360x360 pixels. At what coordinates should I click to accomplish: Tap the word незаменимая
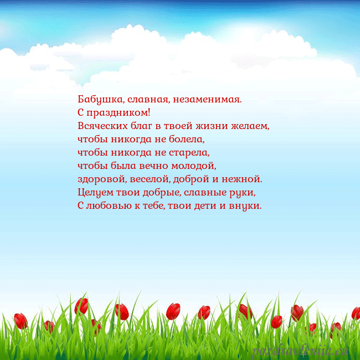(x=207, y=100)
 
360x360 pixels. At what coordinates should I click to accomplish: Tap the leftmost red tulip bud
(x=20, y=321)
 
